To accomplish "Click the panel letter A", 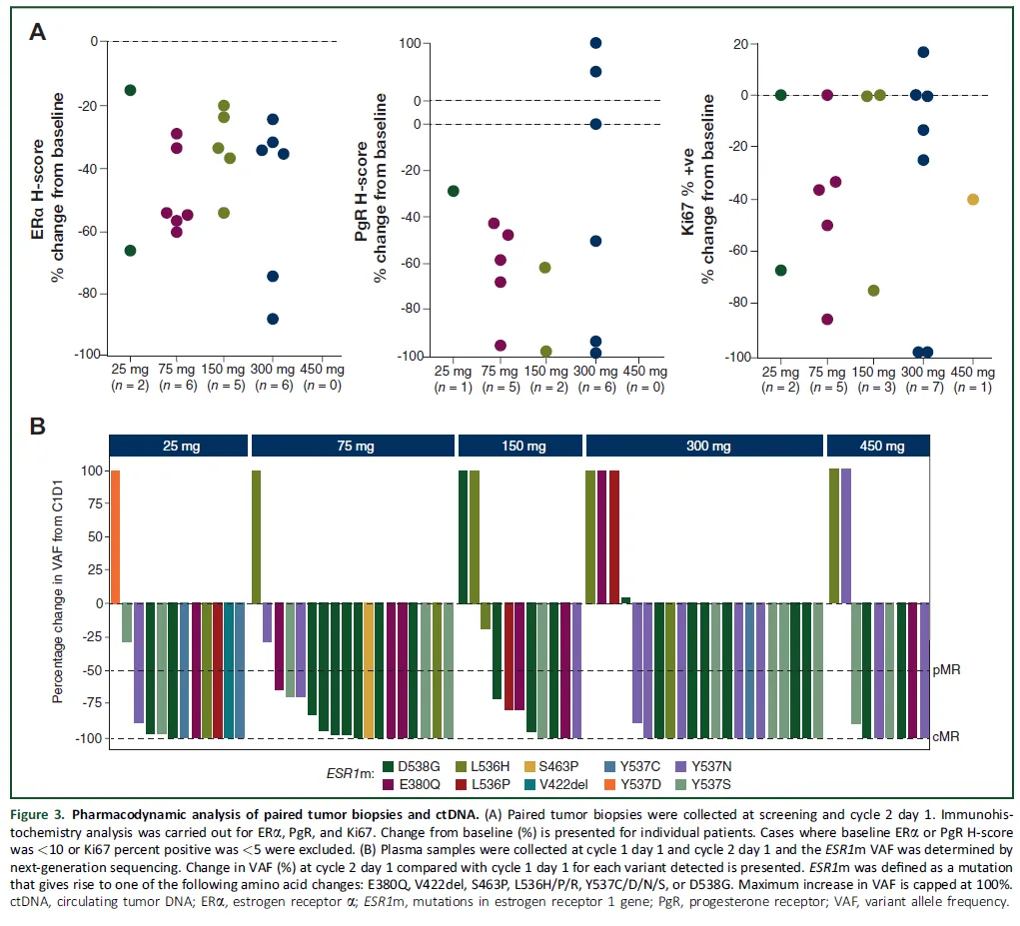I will click(x=37, y=31).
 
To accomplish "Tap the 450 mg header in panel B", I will click(x=878, y=447).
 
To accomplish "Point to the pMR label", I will click(x=947, y=670).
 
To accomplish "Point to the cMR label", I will click(x=947, y=738).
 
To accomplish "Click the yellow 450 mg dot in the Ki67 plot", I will click(x=973, y=199).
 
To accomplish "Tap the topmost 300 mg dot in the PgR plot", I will click(x=595, y=43).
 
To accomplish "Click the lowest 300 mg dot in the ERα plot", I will click(x=273, y=319).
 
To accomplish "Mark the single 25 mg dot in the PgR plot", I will click(x=454, y=191).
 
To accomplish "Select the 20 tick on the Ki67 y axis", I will click(x=740, y=45).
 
